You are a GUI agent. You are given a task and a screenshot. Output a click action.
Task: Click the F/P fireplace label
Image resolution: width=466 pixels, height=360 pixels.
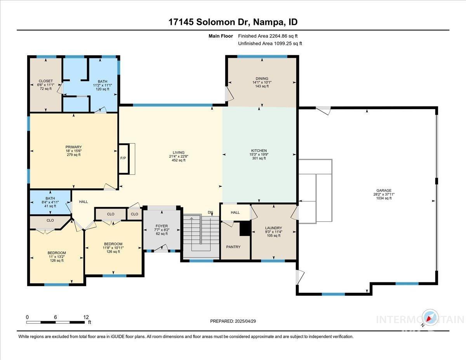click(123, 158)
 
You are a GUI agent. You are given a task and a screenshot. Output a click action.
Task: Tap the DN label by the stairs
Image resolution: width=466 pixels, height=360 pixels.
click(210, 212)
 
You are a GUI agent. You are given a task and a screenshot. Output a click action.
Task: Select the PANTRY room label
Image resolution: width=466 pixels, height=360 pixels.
click(233, 247)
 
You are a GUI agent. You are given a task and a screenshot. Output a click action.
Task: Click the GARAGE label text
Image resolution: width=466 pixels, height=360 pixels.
click(384, 190)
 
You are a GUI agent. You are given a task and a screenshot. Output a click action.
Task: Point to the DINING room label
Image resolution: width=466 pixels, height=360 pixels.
click(262, 78)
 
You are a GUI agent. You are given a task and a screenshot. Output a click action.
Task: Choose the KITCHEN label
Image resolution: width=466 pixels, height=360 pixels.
click(259, 151)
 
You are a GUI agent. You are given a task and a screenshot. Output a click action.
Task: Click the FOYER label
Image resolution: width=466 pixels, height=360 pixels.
click(162, 226)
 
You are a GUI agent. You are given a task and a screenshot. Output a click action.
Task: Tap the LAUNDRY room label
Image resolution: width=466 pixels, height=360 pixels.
click(273, 228)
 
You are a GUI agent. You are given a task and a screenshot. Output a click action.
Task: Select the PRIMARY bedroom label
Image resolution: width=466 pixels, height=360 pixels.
click(73, 147)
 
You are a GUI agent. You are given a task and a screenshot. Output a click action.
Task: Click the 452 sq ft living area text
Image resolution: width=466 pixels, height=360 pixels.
click(179, 160)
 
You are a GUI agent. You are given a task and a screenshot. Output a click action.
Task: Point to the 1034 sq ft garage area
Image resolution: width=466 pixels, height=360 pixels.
click(384, 198)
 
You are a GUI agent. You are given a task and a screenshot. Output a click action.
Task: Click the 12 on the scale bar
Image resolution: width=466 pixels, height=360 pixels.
click(86, 317)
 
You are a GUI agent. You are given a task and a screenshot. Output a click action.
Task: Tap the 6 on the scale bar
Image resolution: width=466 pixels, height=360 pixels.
click(56, 317)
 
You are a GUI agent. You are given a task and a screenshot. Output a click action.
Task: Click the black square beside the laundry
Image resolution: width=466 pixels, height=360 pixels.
click(245, 228)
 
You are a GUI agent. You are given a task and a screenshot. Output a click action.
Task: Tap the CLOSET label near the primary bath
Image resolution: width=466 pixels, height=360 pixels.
click(46, 81)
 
